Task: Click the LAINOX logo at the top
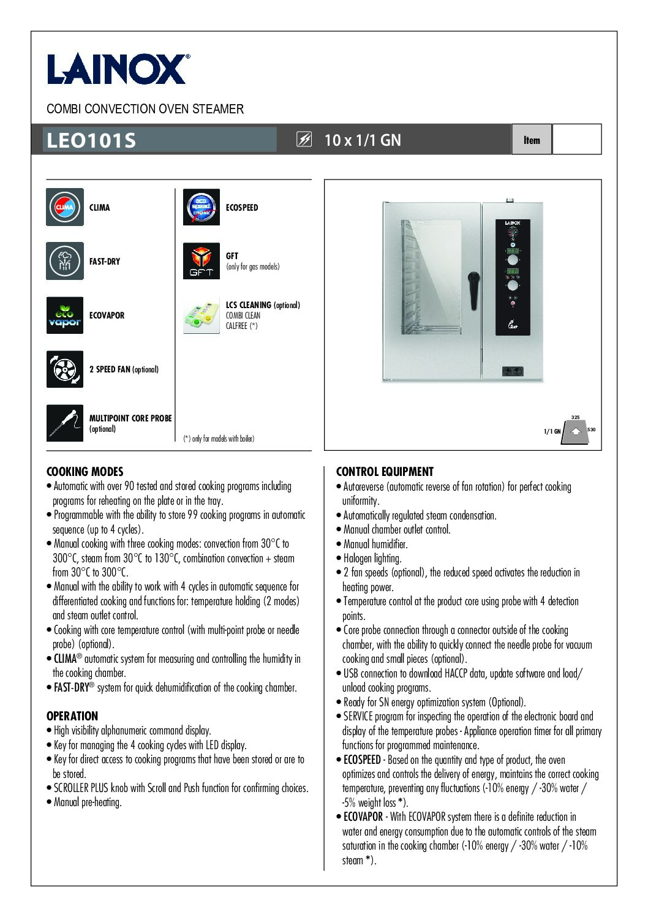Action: pyautogui.click(x=118, y=69)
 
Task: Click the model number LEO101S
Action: pyautogui.click(x=91, y=140)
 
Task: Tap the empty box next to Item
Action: pyautogui.click(x=576, y=140)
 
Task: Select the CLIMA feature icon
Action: pyautogui.click(x=65, y=207)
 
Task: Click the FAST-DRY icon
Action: pyautogui.click(x=65, y=261)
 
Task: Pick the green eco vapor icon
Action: pyautogui.click(x=65, y=315)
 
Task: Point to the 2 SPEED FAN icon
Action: pyautogui.click(x=65, y=369)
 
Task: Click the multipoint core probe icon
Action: pyautogui.click(x=65, y=423)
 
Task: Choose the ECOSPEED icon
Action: pyautogui.click(x=202, y=207)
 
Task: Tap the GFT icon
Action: pyautogui.click(x=202, y=261)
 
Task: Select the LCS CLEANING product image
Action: pyautogui.click(x=202, y=315)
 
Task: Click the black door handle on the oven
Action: pyautogui.click(x=473, y=290)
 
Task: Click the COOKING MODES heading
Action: pyautogui.click(x=85, y=472)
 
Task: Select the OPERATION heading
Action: pyautogui.click(x=72, y=716)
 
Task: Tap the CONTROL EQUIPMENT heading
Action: pyautogui.click(x=385, y=472)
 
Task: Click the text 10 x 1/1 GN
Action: pyautogui.click(x=363, y=140)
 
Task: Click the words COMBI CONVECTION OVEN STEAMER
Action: pyautogui.click(x=145, y=109)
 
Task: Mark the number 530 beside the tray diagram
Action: pyautogui.click(x=591, y=429)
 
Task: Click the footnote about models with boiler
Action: pyautogui.click(x=219, y=439)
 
